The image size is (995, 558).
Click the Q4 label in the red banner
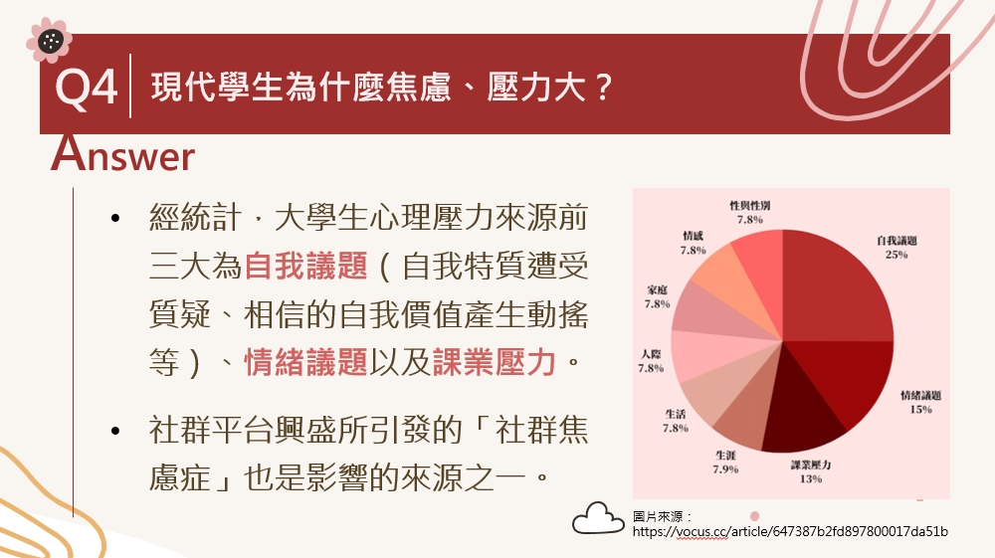click(87, 89)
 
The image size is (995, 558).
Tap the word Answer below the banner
click(123, 154)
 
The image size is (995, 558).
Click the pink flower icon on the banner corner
click(49, 41)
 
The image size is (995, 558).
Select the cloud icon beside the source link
click(598, 518)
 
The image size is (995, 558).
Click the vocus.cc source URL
click(790, 531)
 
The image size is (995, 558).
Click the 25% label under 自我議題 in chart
click(896, 255)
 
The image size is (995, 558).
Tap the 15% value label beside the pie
click(920, 410)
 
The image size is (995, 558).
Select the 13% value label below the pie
click(810, 478)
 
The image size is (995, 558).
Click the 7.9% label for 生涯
click(725, 469)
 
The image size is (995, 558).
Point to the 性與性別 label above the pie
click(749, 206)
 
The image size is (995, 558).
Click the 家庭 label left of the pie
click(658, 289)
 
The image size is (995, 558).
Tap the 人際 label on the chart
click(651, 354)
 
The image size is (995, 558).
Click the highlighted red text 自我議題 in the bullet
click(305, 266)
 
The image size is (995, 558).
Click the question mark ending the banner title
click(604, 87)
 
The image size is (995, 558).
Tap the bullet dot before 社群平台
click(114, 432)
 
